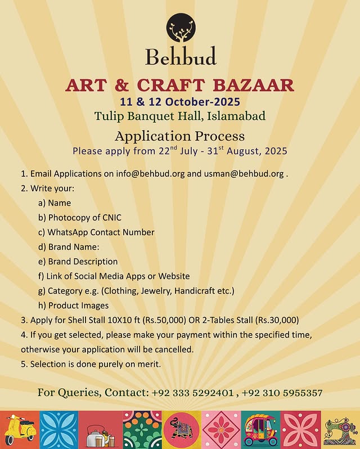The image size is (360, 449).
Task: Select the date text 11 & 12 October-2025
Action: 180,102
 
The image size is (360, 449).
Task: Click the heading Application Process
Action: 180,136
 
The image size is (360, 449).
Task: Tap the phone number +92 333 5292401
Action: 192,392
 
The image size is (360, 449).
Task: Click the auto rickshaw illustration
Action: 260,430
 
